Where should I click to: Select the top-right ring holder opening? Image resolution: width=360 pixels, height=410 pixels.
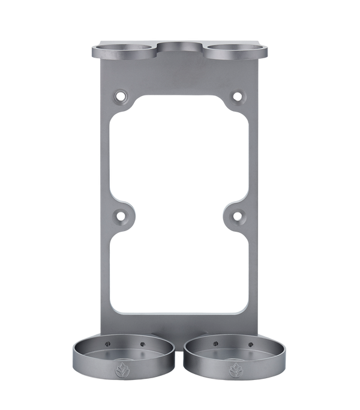point(233,49)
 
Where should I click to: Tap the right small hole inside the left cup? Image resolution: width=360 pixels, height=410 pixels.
point(143,345)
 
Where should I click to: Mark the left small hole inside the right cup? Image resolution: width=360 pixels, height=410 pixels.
point(214,345)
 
